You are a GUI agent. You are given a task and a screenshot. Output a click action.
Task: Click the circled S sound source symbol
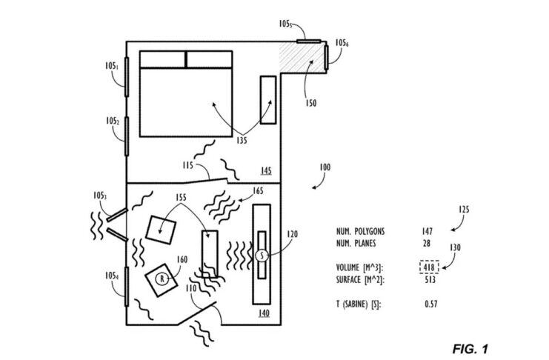point(261,255)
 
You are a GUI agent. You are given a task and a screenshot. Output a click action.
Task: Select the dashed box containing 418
point(429,267)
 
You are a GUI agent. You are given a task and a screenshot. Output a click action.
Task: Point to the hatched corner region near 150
point(302,58)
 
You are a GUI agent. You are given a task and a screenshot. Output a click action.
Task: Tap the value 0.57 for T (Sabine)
point(431,304)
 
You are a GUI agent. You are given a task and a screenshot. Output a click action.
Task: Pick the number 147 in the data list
point(428,231)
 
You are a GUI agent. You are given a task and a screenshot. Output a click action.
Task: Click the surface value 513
point(430,280)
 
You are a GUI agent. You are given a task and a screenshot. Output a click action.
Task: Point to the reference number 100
point(325,168)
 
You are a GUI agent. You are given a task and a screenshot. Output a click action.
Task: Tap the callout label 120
point(292,233)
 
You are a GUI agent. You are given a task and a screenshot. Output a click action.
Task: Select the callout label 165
point(259,191)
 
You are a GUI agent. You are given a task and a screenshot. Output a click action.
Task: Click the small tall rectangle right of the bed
point(267,100)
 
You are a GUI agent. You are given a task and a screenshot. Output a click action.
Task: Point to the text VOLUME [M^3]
point(362,267)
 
